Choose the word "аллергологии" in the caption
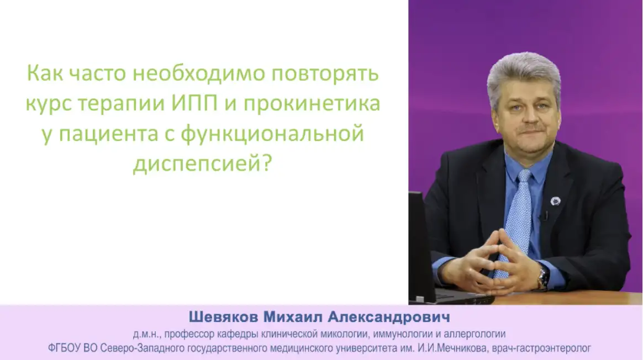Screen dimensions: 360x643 click(479, 334)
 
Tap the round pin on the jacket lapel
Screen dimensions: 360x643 click(555, 202)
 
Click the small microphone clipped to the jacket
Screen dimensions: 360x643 click(545, 215)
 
